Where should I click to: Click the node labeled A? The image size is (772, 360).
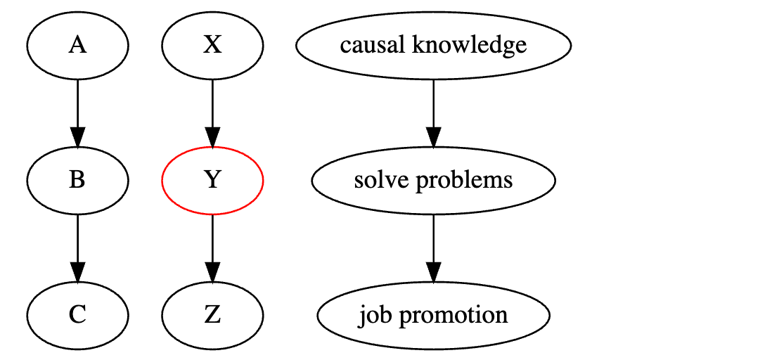coord(77,46)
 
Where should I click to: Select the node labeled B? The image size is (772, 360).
coord(77,181)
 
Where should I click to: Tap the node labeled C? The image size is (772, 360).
coord(77,315)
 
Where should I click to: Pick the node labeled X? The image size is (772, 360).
coord(212,46)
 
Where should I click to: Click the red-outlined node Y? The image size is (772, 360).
coord(212,181)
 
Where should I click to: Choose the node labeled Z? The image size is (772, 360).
coord(212,315)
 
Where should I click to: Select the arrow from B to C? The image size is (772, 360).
coord(77,243)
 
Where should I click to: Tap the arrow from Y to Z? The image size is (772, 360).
coord(212,243)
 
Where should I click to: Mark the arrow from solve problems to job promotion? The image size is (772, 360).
coord(433,243)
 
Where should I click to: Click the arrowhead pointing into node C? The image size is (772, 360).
coord(77,273)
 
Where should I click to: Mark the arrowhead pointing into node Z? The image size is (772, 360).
coord(212,273)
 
